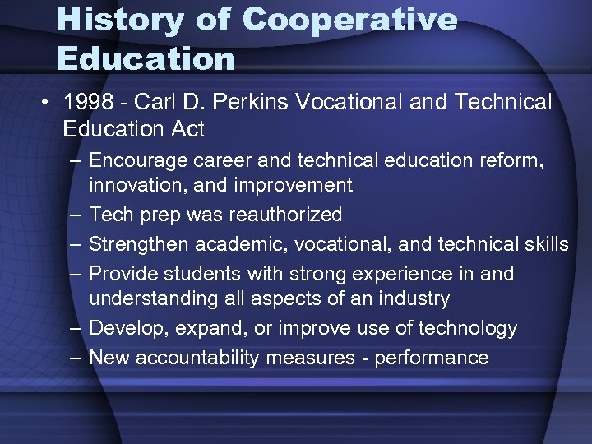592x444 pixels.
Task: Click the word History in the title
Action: tap(120, 19)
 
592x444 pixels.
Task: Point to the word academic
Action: tap(234, 244)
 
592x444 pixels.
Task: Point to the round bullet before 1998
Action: tap(49, 103)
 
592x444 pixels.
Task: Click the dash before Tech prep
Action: tap(76, 215)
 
